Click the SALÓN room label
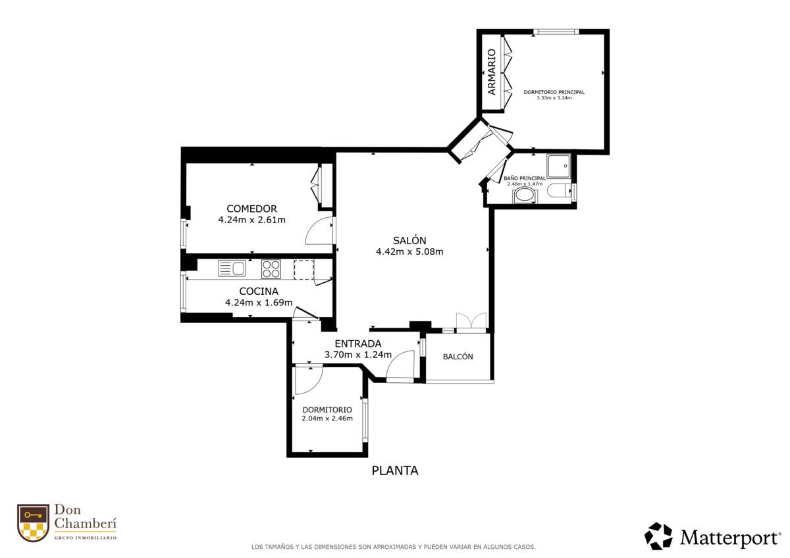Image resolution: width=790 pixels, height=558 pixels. (x=409, y=240)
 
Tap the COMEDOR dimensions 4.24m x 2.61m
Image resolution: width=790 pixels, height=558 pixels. (x=251, y=220)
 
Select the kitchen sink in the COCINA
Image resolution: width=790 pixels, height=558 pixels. (x=231, y=268)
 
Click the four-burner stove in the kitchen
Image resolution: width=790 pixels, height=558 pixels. (x=271, y=269)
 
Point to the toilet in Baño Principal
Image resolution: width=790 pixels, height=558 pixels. (x=560, y=191)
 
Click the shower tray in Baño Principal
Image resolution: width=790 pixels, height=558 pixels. (x=559, y=166)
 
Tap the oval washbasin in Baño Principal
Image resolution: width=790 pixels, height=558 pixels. (x=525, y=196)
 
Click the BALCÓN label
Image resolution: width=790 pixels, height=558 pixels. (x=458, y=357)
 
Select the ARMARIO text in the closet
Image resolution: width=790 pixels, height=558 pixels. (x=492, y=72)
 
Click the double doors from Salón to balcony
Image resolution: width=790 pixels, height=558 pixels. (x=471, y=320)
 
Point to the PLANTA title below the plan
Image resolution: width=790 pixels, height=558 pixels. (x=395, y=470)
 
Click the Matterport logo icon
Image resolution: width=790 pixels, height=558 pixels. (x=658, y=536)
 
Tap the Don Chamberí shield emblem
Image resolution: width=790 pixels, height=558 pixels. (x=33, y=522)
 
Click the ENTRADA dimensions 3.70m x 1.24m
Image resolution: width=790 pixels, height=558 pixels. (x=358, y=355)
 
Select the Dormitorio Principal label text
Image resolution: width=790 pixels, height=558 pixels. (x=554, y=92)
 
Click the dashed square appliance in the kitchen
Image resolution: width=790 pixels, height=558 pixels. (x=304, y=270)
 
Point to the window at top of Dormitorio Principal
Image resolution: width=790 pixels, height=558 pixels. (x=556, y=32)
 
